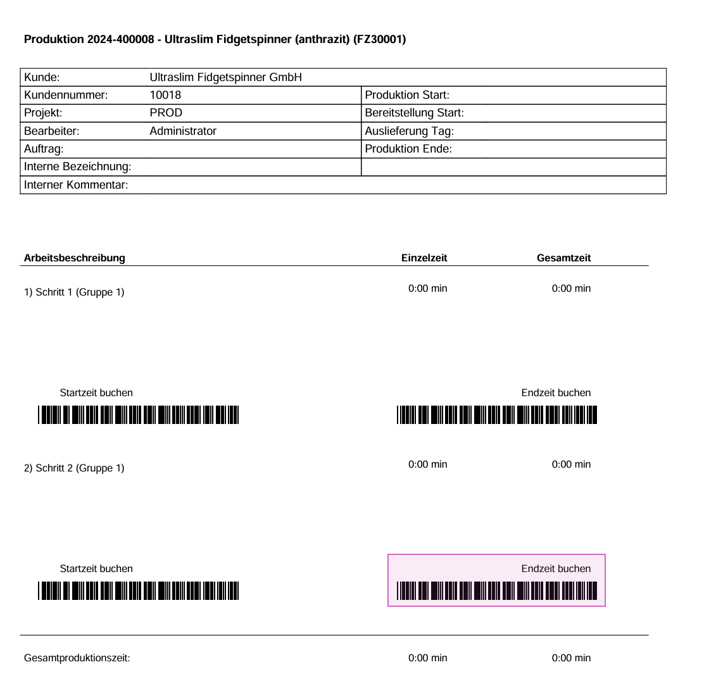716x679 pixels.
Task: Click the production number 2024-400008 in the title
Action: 120,39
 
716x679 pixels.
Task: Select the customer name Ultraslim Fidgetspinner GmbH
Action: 225,77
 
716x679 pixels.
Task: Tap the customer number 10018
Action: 165,95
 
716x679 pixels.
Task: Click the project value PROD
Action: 166,113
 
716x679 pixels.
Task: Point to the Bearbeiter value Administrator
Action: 183,131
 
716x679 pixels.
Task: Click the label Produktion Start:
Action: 407,95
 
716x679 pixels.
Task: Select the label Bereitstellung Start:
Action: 414,113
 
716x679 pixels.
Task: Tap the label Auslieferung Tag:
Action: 409,131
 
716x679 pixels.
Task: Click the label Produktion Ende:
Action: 408,149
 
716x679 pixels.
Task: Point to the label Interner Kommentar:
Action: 76,185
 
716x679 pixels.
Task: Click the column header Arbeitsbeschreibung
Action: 75,258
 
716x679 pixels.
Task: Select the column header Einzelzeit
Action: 424,258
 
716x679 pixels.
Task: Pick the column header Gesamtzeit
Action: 563,258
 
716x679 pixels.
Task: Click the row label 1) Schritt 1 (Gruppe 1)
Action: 74,292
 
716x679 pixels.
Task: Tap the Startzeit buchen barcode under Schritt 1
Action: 138,414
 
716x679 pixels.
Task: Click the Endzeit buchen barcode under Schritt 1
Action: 497,414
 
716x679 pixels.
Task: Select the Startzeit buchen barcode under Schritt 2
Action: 138,590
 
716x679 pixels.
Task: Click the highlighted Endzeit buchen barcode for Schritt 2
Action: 497,590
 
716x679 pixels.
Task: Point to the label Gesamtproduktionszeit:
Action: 77,657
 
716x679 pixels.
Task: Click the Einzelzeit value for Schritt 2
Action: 427,464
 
